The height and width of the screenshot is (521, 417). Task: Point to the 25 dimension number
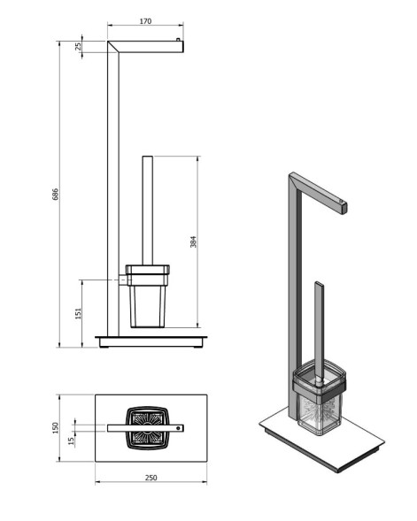[x=78, y=47]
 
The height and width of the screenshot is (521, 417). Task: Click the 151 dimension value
[x=78, y=313]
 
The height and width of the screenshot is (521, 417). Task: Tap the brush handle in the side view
[x=147, y=208]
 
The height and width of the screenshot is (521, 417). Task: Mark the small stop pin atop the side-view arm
[x=181, y=40]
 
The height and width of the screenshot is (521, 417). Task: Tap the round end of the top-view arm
[x=181, y=428]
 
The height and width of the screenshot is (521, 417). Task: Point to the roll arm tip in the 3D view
[x=342, y=208]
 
